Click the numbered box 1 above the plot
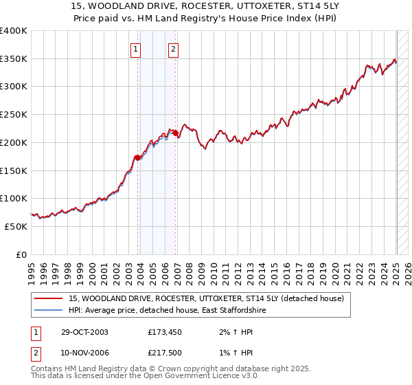pyautogui.click(x=136, y=49)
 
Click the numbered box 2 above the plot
pyautogui.click(x=174, y=49)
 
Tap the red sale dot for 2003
pyautogui.click(x=138, y=157)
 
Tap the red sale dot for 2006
pyautogui.click(x=176, y=133)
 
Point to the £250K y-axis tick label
pyautogui.click(x=14, y=115)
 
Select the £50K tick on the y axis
pyautogui.click(x=16, y=226)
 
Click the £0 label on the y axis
pyautogui.click(x=22, y=254)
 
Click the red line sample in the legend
pyautogui.click(x=48, y=298)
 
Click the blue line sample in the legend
pyautogui.click(x=48, y=311)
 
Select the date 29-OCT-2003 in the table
pyautogui.click(x=84, y=332)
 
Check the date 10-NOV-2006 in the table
pyautogui.click(x=84, y=351)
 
